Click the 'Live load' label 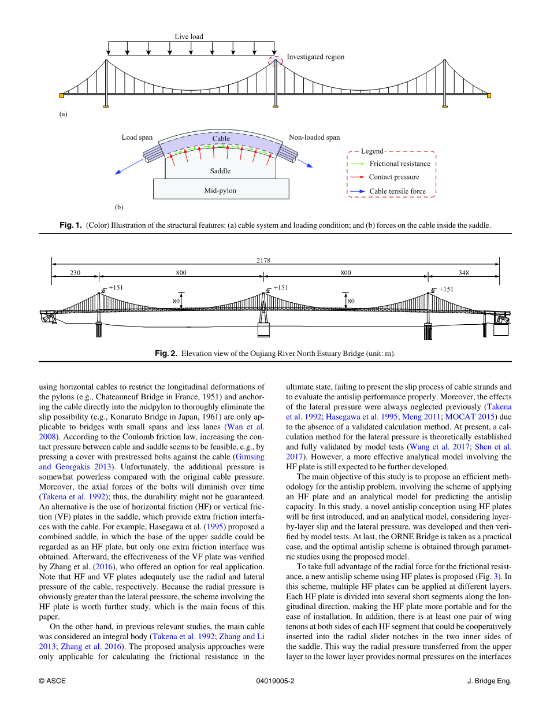189,36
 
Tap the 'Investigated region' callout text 315,57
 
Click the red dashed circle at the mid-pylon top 275,60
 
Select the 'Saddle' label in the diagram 220,171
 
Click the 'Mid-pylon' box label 221,191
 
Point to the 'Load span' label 137,138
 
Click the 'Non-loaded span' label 314,138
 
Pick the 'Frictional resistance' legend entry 399,164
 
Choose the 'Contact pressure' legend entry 394,177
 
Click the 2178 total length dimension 264,260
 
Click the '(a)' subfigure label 63,114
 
